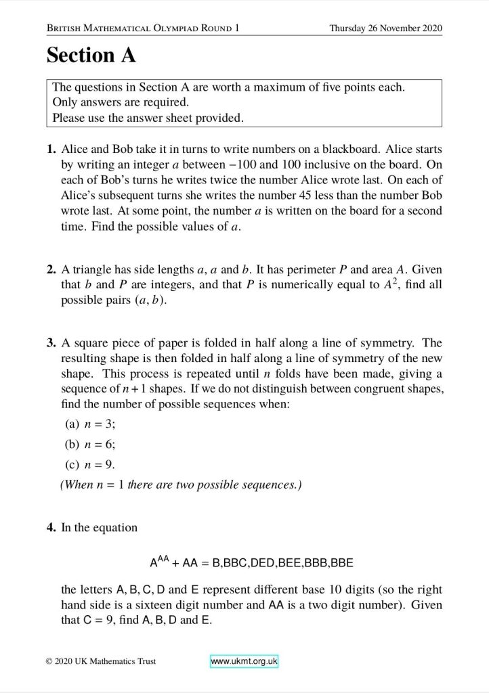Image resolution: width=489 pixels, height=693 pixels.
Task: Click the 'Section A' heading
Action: pos(91,56)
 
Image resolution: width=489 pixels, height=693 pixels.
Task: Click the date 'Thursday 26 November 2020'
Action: pos(385,28)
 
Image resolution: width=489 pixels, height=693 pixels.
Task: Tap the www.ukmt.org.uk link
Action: pos(244,661)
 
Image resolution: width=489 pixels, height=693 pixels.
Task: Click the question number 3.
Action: pos(51,344)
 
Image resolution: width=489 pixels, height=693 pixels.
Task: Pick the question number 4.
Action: pos(51,527)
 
